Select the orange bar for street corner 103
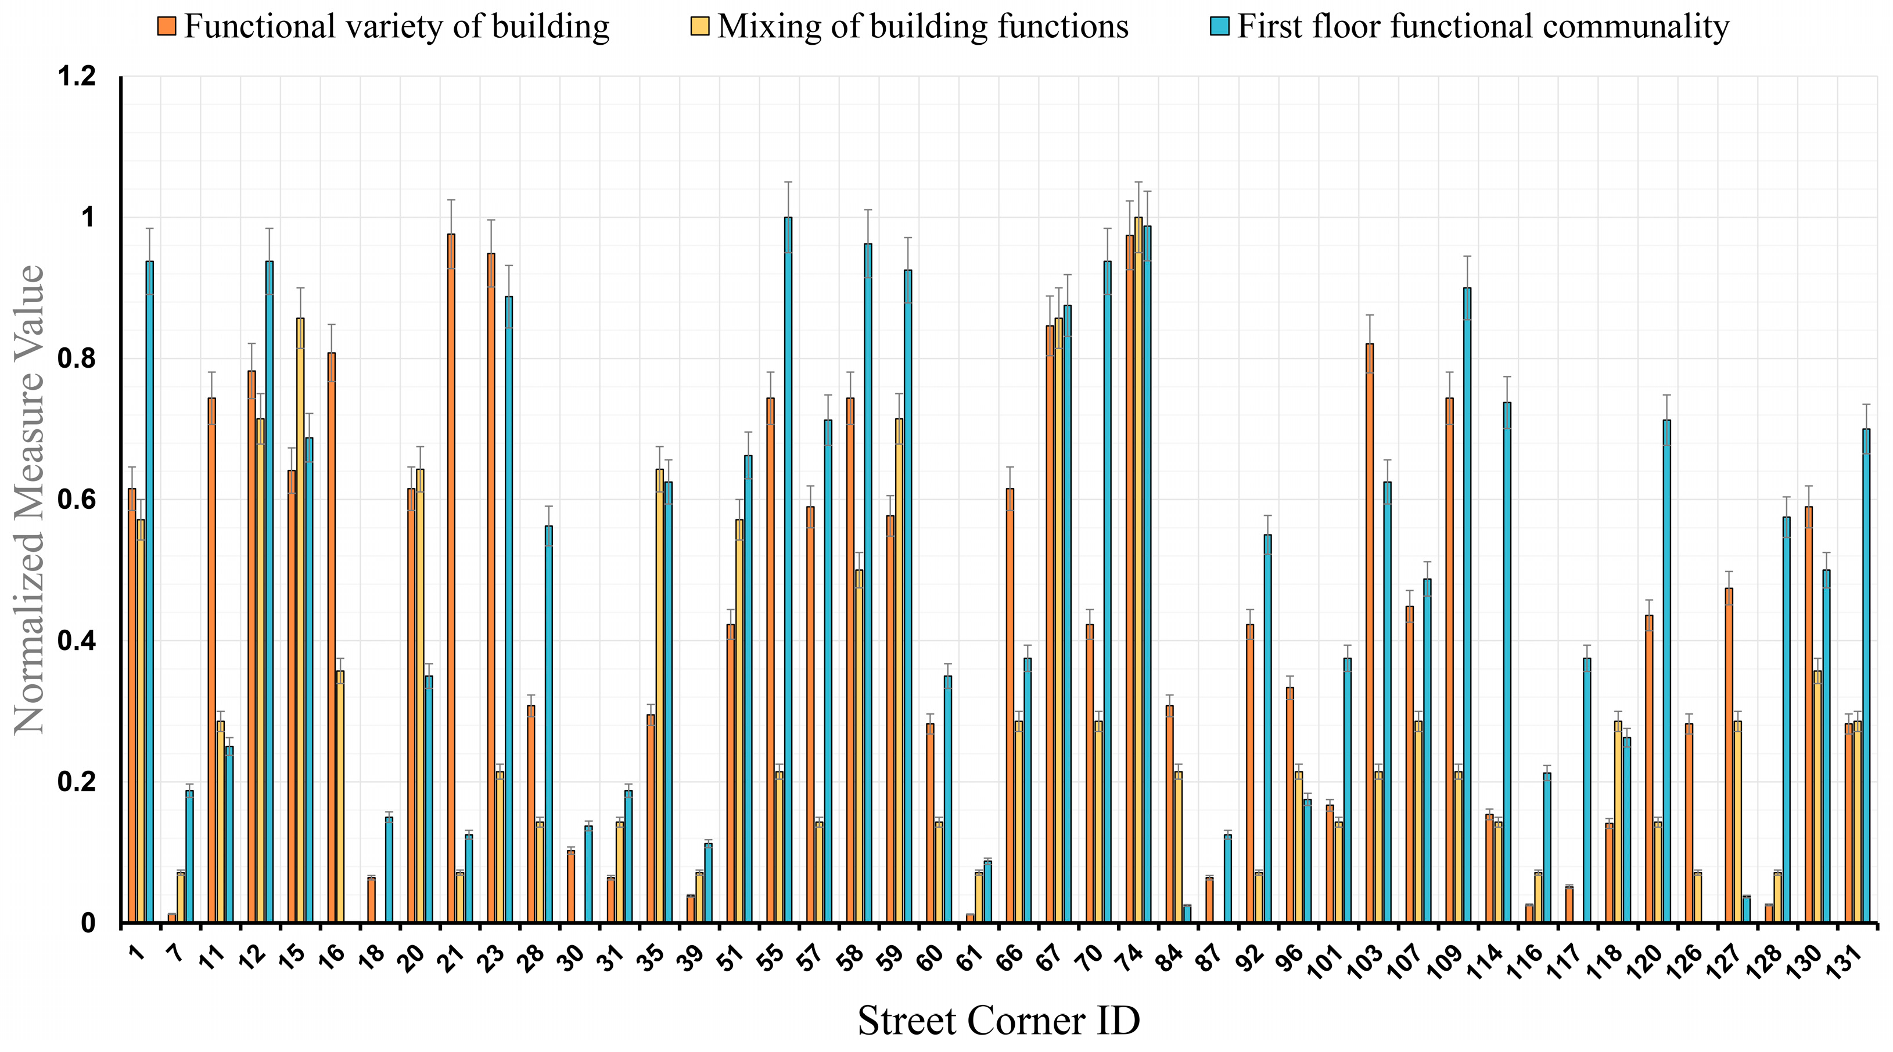click(x=1369, y=632)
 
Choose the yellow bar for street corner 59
click(x=899, y=670)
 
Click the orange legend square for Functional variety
click(x=167, y=27)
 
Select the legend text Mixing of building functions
click(x=922, y=27)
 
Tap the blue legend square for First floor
click(x=1220, y=27)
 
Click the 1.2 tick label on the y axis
click(x=77, y=77)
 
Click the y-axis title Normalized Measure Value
click(x=30, y=500)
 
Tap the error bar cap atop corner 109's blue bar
click(x=1467, y=256)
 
